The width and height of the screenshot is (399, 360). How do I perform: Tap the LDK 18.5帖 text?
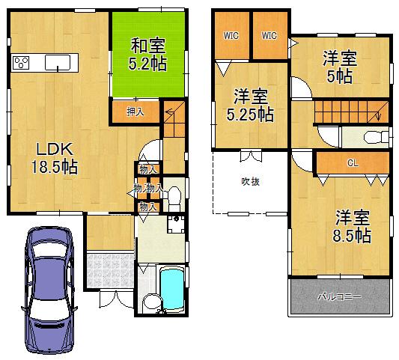[44, 155]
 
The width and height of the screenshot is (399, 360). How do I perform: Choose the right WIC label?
[269, 35]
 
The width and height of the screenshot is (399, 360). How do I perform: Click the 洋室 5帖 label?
[338, 65]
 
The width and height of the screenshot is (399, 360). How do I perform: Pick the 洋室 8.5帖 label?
[352, 227]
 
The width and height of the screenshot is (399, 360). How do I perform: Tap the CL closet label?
[351, 162]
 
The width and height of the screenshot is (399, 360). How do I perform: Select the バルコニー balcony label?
[340, 298]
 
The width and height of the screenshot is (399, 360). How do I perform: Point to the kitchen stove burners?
[20, 63]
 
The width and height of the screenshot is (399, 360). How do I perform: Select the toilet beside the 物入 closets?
[173, 197]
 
